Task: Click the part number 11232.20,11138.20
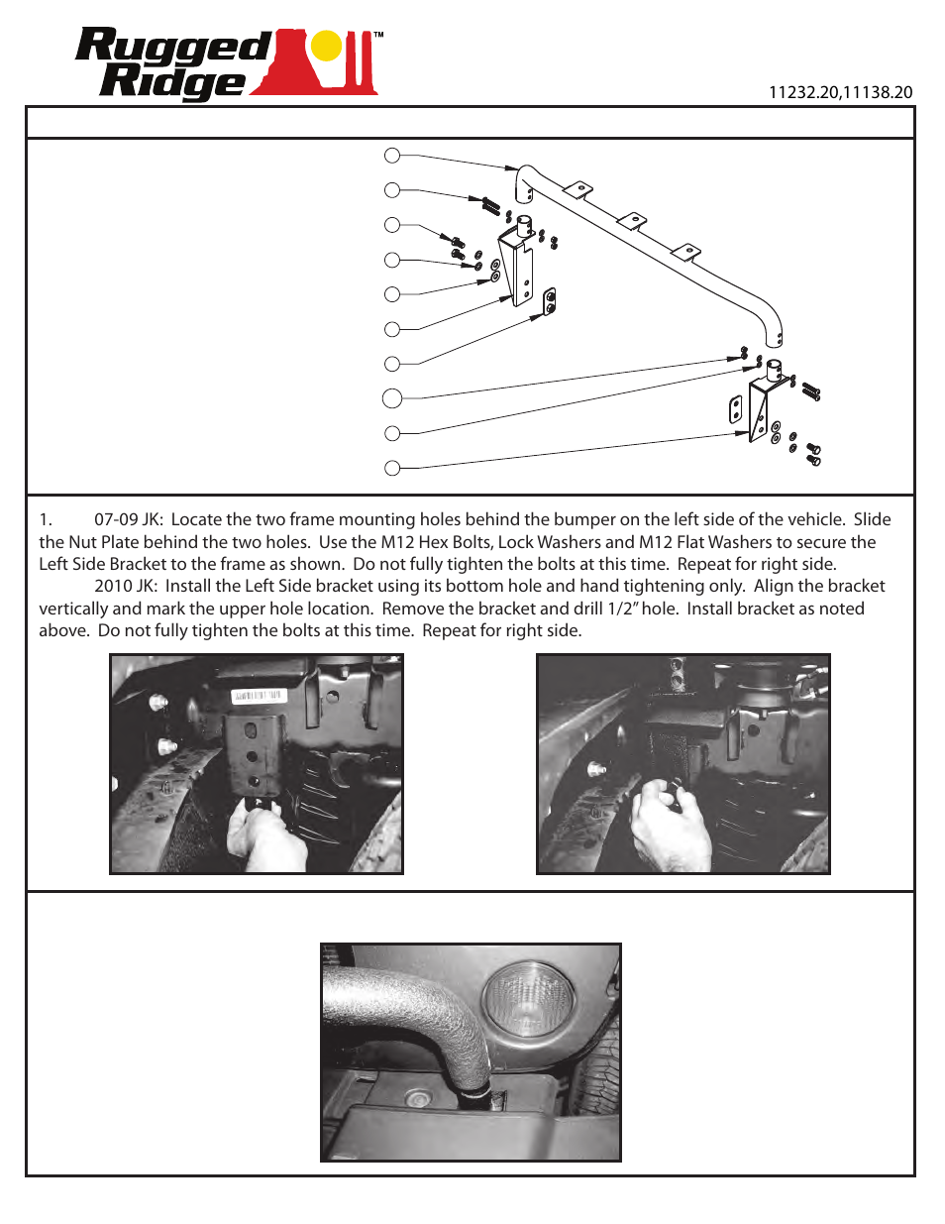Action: coord(840,92)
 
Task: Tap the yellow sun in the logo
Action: coord(326,46)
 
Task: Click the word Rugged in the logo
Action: coord(173,48)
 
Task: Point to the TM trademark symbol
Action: coord(378,35)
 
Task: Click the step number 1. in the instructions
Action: coord(46,519)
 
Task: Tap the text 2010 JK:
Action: coord(126,586)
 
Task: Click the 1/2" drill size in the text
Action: coord(622,609)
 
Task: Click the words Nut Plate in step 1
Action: coord(102,542)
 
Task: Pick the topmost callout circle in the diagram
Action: coord(392,156)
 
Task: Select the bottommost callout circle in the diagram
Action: coord(392,468)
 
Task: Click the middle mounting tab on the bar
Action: coord(631,220)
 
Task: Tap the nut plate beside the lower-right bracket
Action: coord(736,409)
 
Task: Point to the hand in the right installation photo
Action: coord(669,823)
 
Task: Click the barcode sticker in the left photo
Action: coord(259,697)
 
